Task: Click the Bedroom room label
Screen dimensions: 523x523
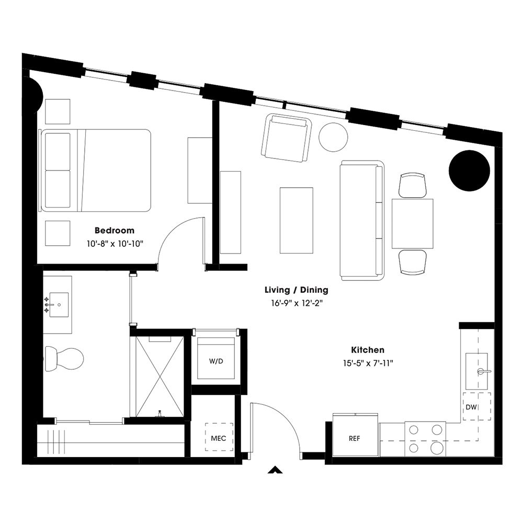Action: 114,230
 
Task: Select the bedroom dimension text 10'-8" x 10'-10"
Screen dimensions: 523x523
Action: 114,243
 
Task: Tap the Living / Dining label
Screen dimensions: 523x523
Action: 297,290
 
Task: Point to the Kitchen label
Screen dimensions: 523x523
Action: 368,350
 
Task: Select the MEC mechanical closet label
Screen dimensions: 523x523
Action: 219,438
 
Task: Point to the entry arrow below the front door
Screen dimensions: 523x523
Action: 274,470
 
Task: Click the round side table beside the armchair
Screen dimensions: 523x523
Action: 333,137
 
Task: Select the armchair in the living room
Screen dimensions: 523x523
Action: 286,138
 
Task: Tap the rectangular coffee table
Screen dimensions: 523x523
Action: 296,220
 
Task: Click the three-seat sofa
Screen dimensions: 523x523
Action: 361,219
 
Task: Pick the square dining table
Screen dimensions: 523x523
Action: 413,224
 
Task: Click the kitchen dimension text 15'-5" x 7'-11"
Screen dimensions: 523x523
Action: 368,363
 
